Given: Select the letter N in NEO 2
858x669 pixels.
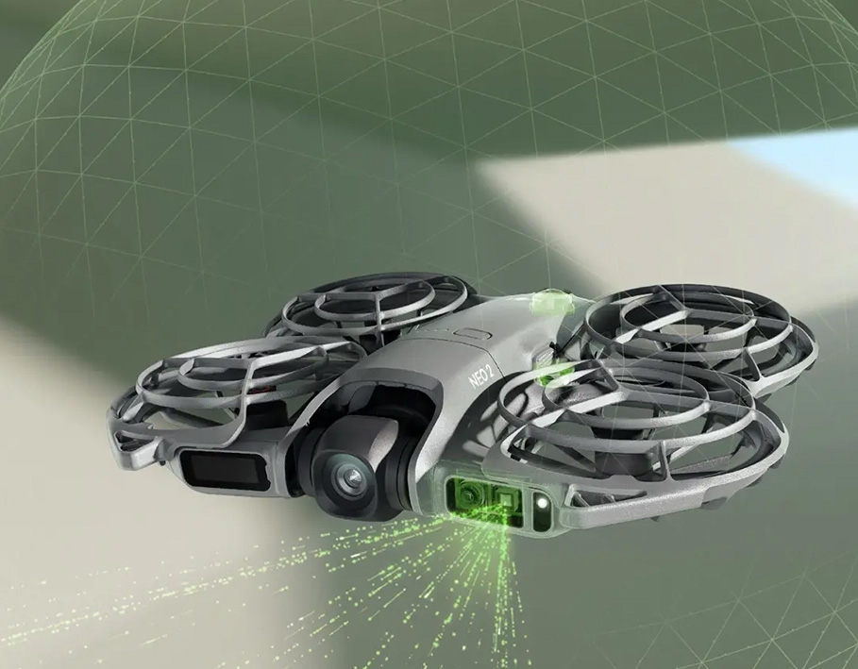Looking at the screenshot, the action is (473, 380).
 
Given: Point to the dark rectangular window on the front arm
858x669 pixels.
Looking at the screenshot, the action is (225, 469).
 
